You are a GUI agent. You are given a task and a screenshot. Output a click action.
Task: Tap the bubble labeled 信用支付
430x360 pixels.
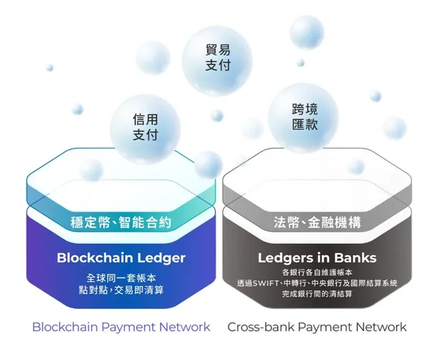[x=145, y=126]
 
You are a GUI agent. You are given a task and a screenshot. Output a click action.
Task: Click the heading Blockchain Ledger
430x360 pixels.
[x=121, y=257]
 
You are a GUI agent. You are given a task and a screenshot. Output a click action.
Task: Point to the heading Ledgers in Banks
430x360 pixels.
[x=317, y=257]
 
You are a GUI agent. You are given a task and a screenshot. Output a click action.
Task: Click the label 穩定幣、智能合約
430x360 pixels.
[x=122, y=222]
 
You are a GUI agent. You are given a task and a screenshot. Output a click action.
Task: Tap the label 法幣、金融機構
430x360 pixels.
[x=317, y=222]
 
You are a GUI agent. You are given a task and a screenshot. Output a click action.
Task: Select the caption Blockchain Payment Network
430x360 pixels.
[x=121, y=327]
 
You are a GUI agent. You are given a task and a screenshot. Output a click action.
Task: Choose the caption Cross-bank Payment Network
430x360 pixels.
[x=317, y=327]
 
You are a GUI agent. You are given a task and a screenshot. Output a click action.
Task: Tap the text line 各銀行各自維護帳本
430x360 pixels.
[x=317, y=273]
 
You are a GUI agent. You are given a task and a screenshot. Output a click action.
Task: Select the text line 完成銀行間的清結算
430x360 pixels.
[x=317, y=295]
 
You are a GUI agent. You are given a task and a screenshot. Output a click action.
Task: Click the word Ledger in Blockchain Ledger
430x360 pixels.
[x=160, y=257]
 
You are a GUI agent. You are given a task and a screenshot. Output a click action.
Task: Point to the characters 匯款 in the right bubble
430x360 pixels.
[x=305, y=123]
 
